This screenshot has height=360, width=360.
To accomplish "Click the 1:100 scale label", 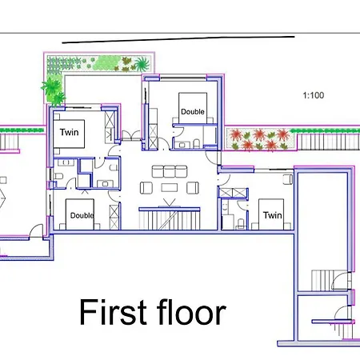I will pos(314,95).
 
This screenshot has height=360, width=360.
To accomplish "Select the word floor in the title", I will pos(190,313).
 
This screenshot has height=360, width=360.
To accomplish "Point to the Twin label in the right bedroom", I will pos(271,215).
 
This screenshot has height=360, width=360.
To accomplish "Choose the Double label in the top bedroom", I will pos(192,112).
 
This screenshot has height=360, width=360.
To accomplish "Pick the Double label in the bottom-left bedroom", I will pos(82,215).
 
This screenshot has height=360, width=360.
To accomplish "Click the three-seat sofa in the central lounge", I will pos(169,170).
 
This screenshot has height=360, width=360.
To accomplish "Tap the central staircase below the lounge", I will pos(169,217).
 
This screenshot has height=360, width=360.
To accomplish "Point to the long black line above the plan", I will pos(178,38).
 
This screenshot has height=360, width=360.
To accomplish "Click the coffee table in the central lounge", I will pos(169,188).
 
